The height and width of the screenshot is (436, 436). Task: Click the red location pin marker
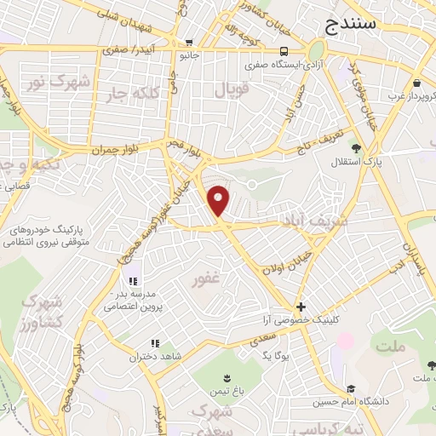[x=219, y=200]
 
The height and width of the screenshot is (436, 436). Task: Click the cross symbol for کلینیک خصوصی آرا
[x=301, y=307]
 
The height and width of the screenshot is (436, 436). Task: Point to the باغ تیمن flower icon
[x=227, y=378]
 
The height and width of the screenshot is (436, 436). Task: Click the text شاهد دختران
[x=133, y=357]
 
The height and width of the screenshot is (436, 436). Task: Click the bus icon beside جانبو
[x=189, y=43]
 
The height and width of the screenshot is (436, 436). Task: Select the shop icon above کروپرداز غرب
[x=417, y=83]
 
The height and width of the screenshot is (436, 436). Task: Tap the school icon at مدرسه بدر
[x=132, y=281]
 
